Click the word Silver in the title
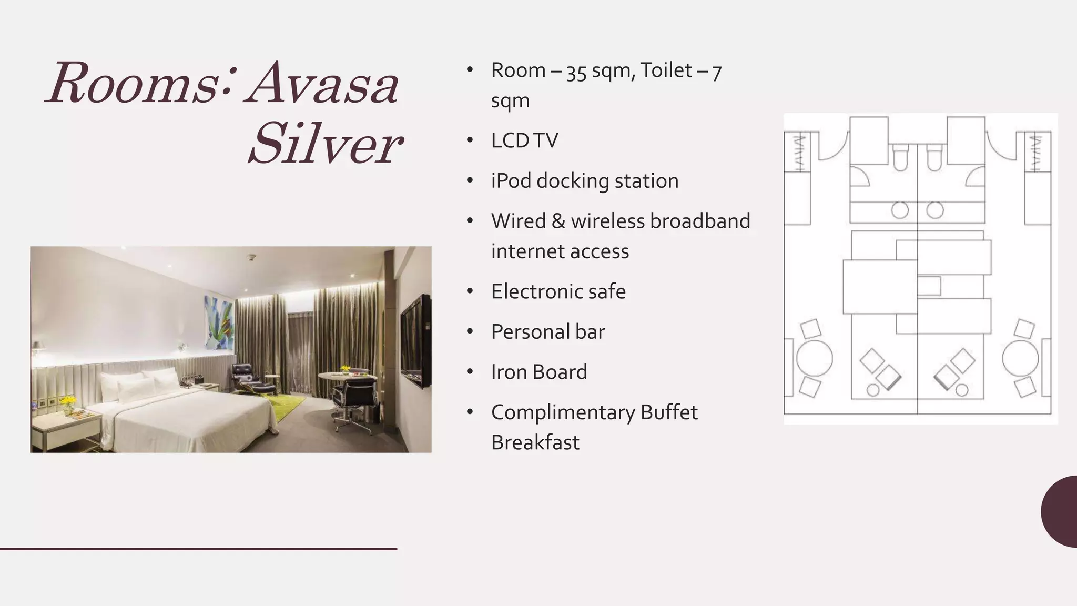tap(324, 143)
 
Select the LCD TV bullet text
tap(524, 140)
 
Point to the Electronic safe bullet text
tap(558, 291)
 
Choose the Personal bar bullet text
tap(547, 332)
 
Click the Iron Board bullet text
tap(538, 372)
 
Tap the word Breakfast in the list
tap(535, 442)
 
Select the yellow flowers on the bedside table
tap(68, 402)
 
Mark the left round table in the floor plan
tap(814, 359)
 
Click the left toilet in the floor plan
tap(900, 157)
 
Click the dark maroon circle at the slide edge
tap(1061, 511)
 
